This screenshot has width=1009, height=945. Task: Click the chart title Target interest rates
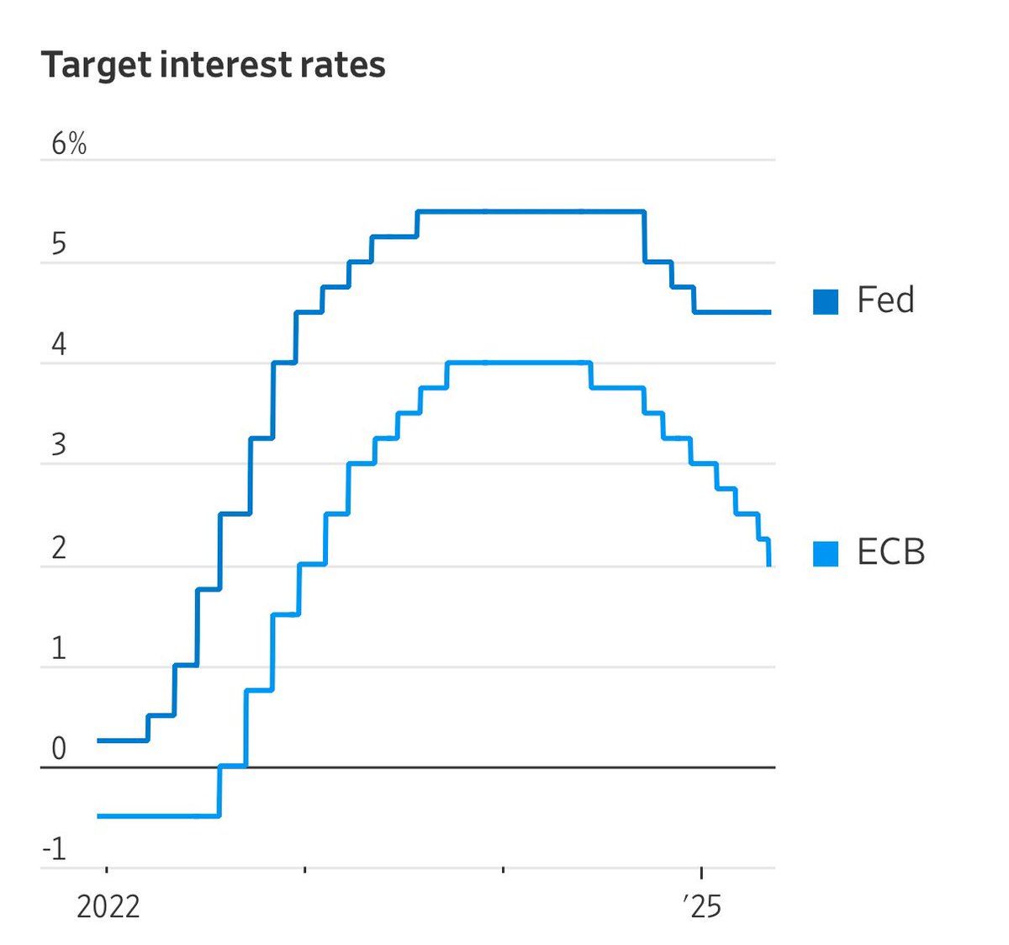click(213, 65)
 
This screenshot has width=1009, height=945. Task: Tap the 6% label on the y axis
click(69, 144)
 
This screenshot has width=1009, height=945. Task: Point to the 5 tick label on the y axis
click(58, 244)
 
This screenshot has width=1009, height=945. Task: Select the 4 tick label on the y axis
click(58, 345)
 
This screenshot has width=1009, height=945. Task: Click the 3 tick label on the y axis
click(58, 445)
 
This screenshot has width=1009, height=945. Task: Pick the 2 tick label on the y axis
click(58, 548)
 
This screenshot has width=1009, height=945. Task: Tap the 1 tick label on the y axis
click(58, 649)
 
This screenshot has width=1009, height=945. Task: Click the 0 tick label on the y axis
click(58, 748)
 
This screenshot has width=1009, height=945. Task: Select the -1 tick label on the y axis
click(55, 849)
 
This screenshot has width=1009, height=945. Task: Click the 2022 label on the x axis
click(108, 907)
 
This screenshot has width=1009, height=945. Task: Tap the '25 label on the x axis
click(702, 907)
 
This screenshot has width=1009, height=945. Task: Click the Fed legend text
click(885, 300)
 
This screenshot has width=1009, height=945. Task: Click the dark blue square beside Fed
click(826, 301)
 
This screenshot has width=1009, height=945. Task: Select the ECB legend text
click(890, 553)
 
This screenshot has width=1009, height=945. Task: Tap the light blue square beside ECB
click(826, 554)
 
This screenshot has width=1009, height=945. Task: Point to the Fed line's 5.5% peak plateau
click(530, 211)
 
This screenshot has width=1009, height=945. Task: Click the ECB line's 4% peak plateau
click(517, 363)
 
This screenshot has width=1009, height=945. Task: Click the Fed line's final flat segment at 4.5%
click(732, 312)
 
